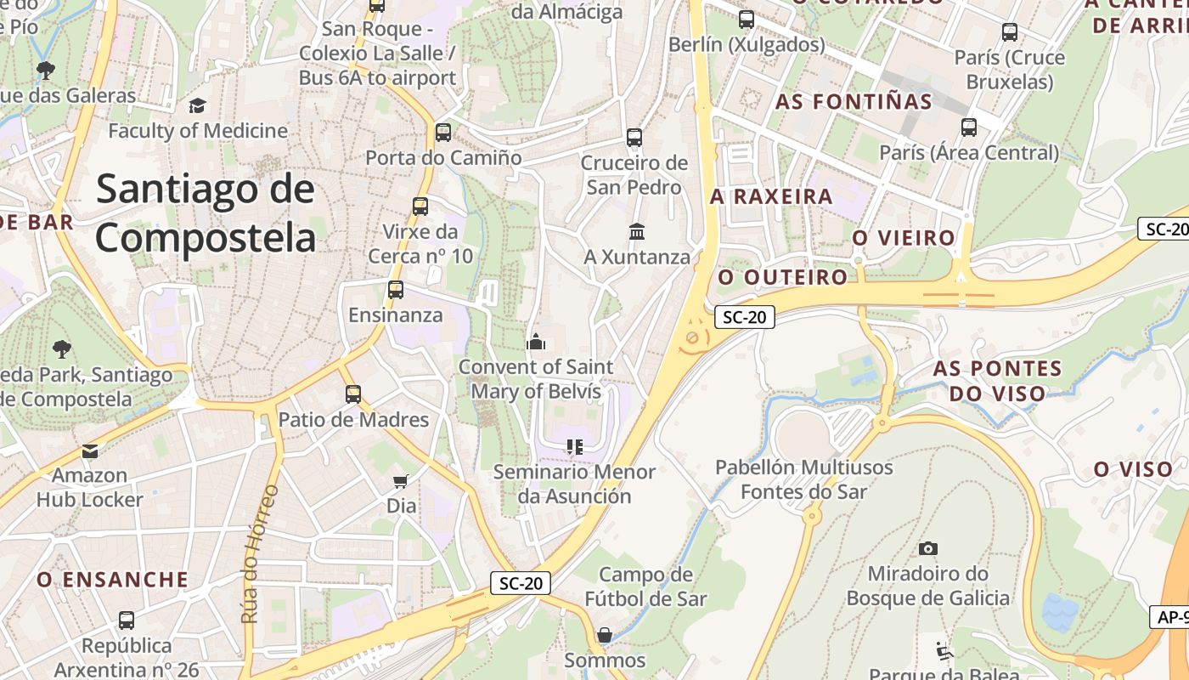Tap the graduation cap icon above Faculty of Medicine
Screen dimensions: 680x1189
click(197, 105)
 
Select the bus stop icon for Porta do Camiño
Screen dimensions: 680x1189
click(442, 133)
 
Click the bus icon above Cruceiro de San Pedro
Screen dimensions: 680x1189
click(634, 137)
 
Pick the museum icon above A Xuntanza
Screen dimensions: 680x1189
click(636, 231)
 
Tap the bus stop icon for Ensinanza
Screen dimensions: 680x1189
click(395, 290)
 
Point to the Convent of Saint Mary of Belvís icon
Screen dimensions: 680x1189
click(535, 342)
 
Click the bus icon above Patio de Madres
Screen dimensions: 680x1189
click(353, 394)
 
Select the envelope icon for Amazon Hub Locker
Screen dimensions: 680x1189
click(89, 450)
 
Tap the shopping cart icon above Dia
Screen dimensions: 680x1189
click(401, 481)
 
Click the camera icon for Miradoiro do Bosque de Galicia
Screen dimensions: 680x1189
click(927, 548)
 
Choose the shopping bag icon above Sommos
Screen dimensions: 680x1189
click(604, 635)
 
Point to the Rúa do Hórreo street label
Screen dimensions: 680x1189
click(251, 553)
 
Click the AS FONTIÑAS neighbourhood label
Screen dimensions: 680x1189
click(854, 102)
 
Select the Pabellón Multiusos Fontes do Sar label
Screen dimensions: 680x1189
click(803, 479)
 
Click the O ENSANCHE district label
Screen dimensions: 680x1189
click(112, 580)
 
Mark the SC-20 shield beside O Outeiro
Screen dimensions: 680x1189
click(744, 317)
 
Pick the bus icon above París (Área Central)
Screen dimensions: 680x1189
click(968, 127)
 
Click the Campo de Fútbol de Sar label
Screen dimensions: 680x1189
click(645, 586)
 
